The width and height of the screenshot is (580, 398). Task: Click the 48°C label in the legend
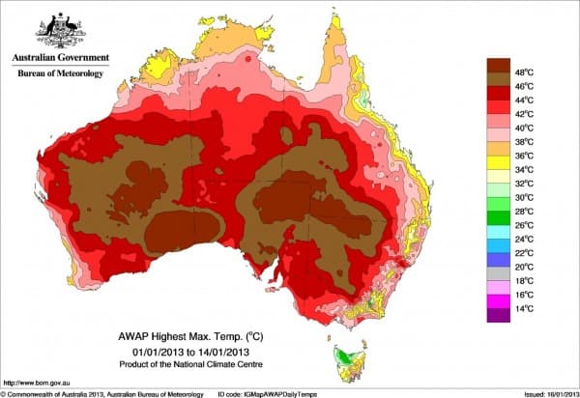(x=525, y=72)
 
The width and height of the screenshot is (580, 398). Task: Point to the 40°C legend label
(x=525, y=128)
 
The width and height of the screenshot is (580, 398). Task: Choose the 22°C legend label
(x=525, y=252)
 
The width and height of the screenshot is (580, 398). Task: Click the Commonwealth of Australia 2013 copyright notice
(x=97, y=392)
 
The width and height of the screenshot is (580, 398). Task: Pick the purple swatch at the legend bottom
(x=499, y=314)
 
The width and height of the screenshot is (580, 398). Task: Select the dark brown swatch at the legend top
(x=499, y=65)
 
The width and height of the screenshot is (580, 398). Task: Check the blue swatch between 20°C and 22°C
(x=499, y=259)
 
